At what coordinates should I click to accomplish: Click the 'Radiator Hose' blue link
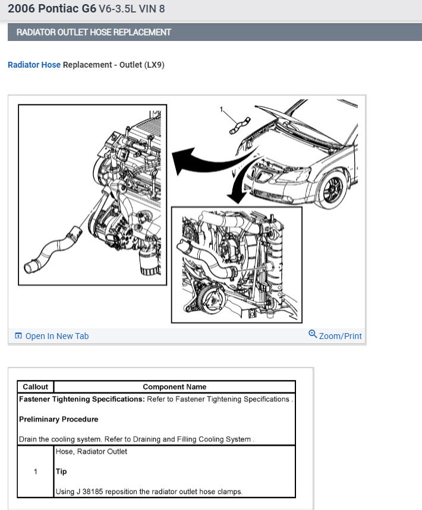click(x=34, y=65)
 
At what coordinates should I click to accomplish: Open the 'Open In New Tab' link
click(x=56, y=336)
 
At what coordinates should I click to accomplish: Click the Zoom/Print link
click(x=340, y=336)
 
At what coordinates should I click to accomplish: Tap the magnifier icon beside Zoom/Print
click(x=313, y=334)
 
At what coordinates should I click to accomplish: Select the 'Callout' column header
click(x=35, y=387)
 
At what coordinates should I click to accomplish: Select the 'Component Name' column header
click(x=174, y=387)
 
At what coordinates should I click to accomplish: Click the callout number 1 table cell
click(x=35, y=471)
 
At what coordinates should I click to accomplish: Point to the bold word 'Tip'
click(x=61, y=471)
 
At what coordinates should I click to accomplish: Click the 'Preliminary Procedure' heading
click(x=58, y=419)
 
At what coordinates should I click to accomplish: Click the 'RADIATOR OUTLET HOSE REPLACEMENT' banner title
click(x=93, y=32)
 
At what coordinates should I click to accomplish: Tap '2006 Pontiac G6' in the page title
click(x=52, y=9)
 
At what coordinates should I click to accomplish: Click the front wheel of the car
click(x=331, y=189)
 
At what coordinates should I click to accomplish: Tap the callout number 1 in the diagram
click(x=222, y=109)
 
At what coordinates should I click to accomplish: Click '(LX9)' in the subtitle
click(x=154, y=65)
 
